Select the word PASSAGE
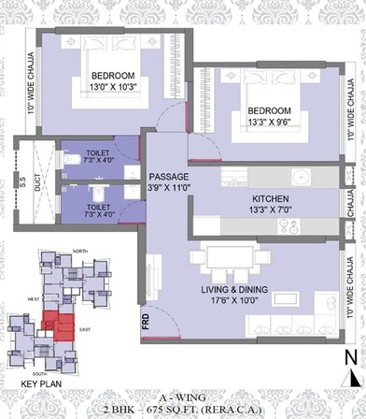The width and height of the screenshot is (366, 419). click(x=169, y=176)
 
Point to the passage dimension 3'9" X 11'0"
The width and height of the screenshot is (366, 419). click(x=169, y=187)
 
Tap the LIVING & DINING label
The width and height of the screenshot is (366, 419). click(x=248, y=290)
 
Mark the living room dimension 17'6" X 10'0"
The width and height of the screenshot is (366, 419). click(x=248, y=302)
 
